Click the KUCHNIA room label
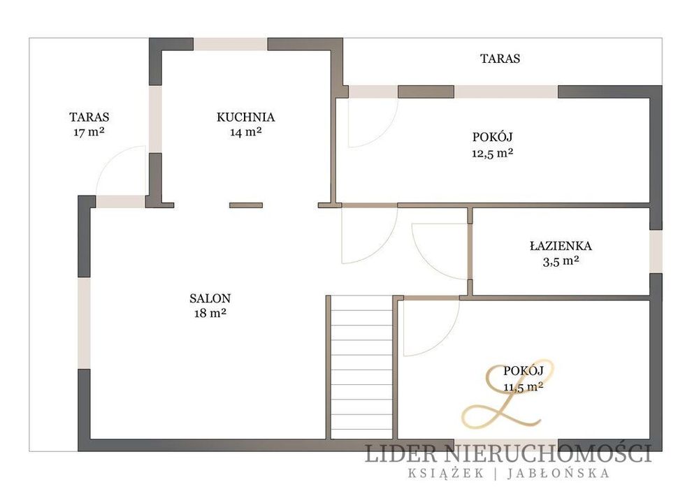coord(245,117)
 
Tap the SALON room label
coord(210,298)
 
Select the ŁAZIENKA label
coord(561,246)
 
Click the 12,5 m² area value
coord(493,152)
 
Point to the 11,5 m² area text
coord(524,387)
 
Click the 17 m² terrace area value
coord(89,132)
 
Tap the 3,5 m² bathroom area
coord(561,261)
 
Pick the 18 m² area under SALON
coord(210,313)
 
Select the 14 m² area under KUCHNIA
coord(246,131)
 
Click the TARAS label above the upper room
coord(500,59)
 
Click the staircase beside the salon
coord(361,367)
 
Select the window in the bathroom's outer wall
coord(656,251)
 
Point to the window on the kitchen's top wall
coord(231,44)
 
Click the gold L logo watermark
coord(507,394)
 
